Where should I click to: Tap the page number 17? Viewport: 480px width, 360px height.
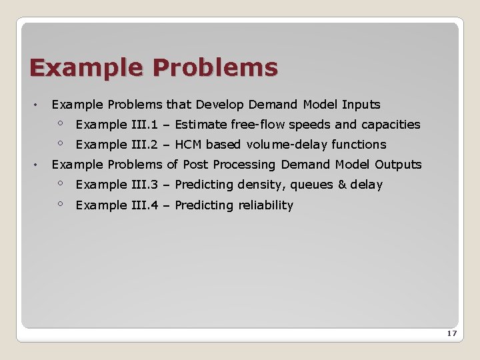[451, 333]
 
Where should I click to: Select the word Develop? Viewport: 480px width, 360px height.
[219, 105]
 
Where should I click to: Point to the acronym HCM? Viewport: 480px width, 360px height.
[188, 145]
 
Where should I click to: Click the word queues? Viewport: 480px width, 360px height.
[312, 185]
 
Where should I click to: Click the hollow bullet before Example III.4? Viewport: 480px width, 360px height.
[60, 203]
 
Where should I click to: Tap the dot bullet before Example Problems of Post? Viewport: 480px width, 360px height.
[35, 165]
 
